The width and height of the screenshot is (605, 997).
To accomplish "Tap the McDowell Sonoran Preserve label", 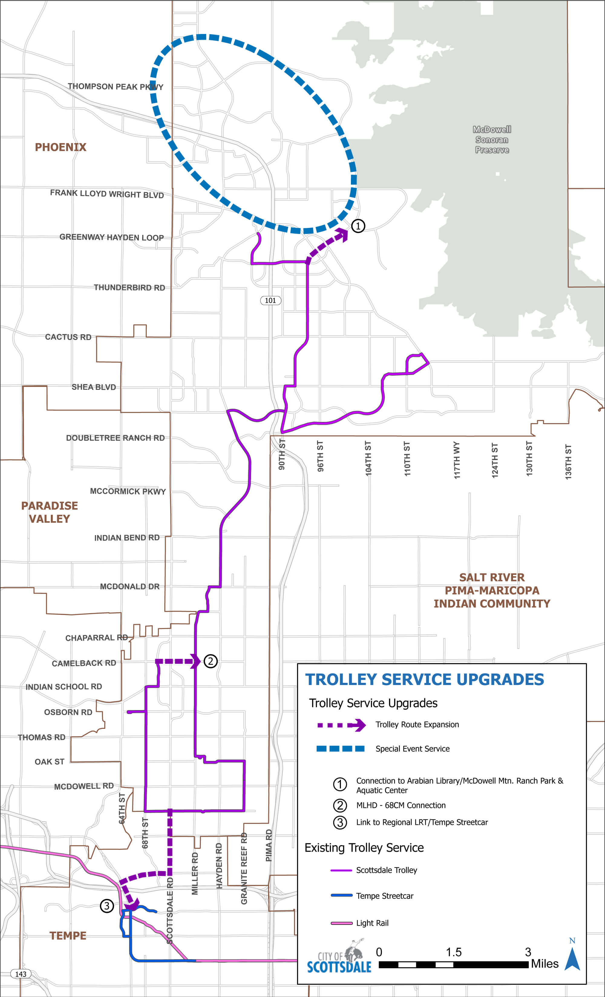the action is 492,140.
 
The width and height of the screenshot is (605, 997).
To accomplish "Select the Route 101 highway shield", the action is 270,300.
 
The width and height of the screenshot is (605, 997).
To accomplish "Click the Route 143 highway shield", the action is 21,974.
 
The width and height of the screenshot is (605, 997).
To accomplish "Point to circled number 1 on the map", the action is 358,226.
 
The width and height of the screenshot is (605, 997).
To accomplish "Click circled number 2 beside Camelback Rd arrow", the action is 210,661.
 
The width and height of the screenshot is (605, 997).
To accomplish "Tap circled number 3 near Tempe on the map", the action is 107,906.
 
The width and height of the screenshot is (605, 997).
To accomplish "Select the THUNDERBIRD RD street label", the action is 129,288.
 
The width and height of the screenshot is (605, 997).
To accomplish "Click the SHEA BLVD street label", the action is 94,387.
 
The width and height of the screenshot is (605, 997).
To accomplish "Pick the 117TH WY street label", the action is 456,460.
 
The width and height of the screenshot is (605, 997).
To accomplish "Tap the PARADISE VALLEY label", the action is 49,512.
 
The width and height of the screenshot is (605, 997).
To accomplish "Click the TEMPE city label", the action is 68,936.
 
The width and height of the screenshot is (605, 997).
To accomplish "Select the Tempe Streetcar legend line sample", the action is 341,895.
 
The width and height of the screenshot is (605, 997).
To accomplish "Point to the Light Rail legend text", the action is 372,923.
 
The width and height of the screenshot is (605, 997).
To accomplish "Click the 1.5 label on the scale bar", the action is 453,952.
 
